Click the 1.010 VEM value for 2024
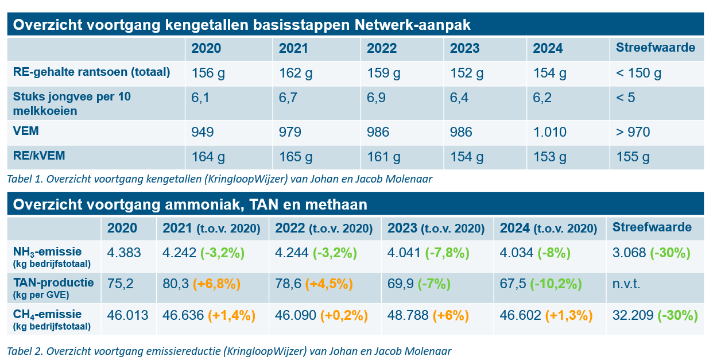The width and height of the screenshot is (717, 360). [x=549, y=133]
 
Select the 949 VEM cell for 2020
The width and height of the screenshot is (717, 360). [x=202, y=133]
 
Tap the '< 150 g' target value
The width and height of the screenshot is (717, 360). [x=638, y=73]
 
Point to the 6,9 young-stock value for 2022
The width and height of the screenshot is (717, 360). [x=378, y=98]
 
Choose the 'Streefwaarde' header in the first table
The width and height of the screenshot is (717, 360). [x=655, y=48]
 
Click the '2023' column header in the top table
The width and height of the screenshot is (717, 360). [x=465, y=48]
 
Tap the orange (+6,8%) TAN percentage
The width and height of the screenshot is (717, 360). [x=216, y=284]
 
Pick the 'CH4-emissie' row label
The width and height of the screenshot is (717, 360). [x=47, y=314]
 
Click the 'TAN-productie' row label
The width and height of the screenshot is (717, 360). [x=53, y=282]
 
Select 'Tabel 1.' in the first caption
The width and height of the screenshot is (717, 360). [x=24, y=179]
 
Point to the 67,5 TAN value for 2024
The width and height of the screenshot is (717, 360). [x=512, y=284]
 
